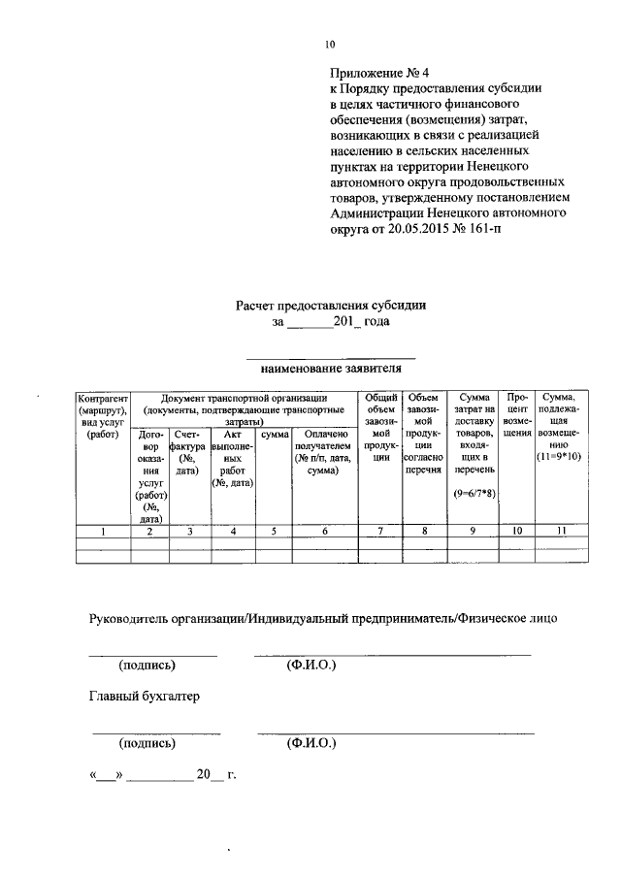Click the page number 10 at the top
click(330, 45)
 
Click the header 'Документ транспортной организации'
click(244, 398)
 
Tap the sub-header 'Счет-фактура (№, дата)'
click(187, 453)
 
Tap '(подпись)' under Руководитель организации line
click(147, 666)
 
